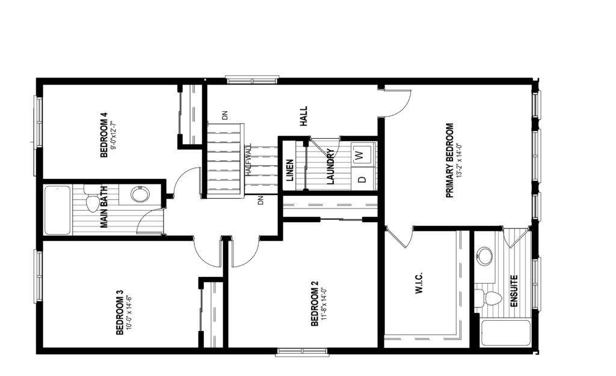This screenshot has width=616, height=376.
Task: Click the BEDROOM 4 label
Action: click(x=103, y=135)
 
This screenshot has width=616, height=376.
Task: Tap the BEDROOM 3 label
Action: click(x=120, y=312)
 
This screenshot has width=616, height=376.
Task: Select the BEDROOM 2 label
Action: click(x=314, y=303)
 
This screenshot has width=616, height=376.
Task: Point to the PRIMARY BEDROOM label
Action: click(x=449, y=160)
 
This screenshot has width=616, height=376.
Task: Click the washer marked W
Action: click(x=361, y=154)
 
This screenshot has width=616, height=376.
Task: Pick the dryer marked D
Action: click(x=362, y=179)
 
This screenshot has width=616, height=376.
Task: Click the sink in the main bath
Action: click(x=140, y=194)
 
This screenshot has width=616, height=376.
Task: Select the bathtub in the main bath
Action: click(x=57, y=210)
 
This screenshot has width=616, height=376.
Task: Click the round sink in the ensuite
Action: click(x=485, y=256)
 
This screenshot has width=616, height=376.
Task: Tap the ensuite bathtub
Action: click(x=505, y=333)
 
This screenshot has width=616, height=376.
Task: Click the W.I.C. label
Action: click(x=419, y=283)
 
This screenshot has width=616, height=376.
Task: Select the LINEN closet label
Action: click(x=290, y=170)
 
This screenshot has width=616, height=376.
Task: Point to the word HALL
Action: click(x=304, y=116)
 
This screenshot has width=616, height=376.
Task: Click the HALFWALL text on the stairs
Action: click(x=248, y=160)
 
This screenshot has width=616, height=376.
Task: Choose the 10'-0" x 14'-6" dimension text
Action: click(x=129, y=312)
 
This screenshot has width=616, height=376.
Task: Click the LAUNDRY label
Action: click(x=330, y=166)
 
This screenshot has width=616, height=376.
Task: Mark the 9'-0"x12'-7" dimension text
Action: click(x=113, y=135)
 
